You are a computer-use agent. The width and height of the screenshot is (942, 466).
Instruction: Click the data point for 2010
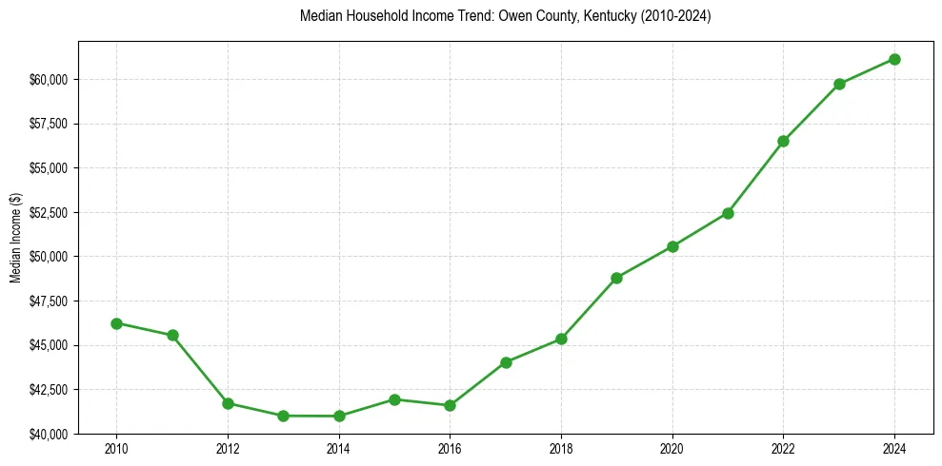pyautogui.click(x=116, y=323)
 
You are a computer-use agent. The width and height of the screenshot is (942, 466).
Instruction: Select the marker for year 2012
pyautogui.click(x=228, y=403)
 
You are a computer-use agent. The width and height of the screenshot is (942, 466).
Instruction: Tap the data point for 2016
pyautogui.click(x=450, y=405)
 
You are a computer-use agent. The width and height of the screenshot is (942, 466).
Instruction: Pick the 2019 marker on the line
pyautogui.click(x=616, y=278)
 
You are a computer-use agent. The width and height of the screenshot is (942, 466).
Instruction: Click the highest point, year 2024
pyautogui.click(x=894, y=59)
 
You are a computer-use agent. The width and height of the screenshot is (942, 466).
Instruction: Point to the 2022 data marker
pyautogui.click(x=783, y=141)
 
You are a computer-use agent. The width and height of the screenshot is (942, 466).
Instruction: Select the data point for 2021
pyautogui.click(x=728, y=213)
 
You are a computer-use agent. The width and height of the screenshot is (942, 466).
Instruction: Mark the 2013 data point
pyautogui.click(x=283, y=416)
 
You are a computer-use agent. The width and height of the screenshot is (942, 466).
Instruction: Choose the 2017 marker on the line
pyautogui.click(x=506, y=362)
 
